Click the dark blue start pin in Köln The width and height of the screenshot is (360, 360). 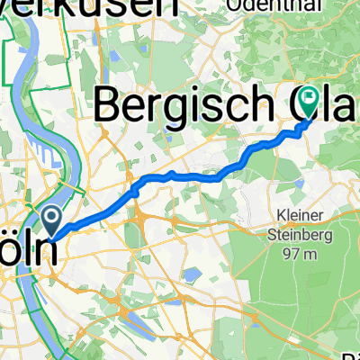pyautogui.click(x=51, y=217)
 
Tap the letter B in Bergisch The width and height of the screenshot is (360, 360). pyautogui.click(x=111, y=104)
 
